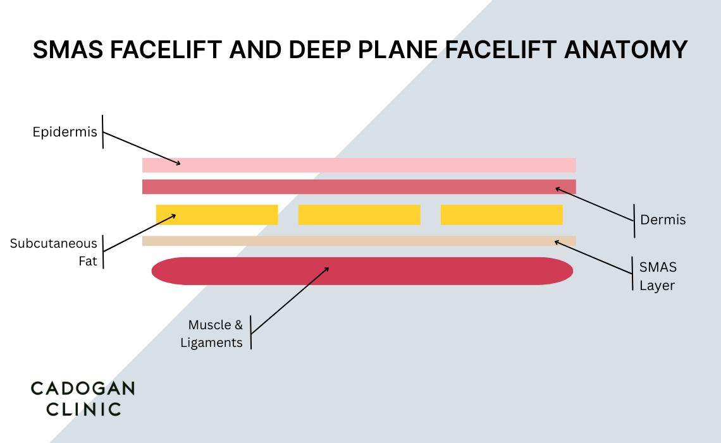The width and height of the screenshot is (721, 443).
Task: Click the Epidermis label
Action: pyautogui.click(x=65, y=132)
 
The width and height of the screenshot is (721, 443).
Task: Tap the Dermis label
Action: pyautogui.click(x=663, y=220)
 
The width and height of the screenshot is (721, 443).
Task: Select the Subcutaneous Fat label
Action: pyautogui.click(x=54, y=252)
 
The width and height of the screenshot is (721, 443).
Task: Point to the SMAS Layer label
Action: pyautogui.click(x=658, y=276)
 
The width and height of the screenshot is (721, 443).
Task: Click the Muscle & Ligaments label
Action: pyautogui.click(x=213, y=334)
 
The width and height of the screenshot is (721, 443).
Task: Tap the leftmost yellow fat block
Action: pyautogui.click(x=216, y=214)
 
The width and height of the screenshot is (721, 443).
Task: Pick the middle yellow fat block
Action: pyautogui.click(x=359, y=214)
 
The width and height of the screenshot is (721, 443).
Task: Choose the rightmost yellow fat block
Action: pyautogui.click(x=502, y=214)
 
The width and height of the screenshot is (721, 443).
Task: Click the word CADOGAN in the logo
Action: pyautogui.click(x=83, y=388)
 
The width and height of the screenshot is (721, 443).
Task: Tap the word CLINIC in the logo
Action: pyautogui.click(x=76, y=409)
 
